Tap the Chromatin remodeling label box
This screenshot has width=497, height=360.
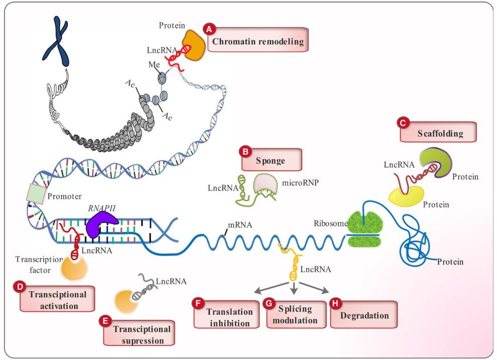coord(258,41)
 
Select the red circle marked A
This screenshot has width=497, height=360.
coord(208,29)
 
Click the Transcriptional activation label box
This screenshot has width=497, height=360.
coord(57,299)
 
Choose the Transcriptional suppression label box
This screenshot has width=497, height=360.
coord(139,333)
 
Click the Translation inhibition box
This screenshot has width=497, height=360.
coord(227,316)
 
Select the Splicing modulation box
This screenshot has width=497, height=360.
coord(294,315)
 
